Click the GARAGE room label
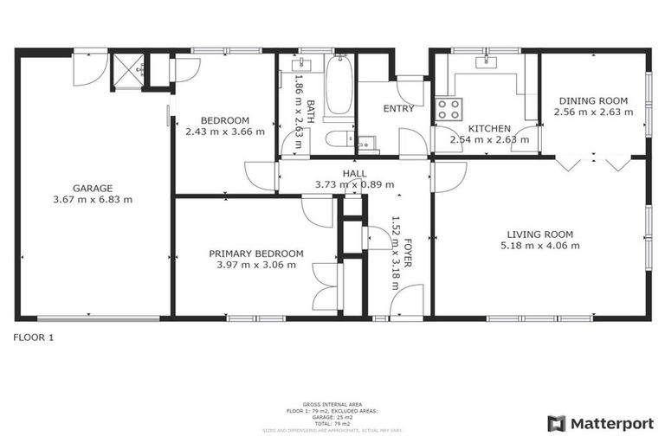click(x=92, y=188)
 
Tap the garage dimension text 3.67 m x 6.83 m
click(x=92, y=200)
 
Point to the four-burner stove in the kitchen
click(x=449, y=109)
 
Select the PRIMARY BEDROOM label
click(x=256, y=254)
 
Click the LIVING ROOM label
click(x=539, y=234)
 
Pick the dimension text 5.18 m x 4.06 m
click(x=539, y=246)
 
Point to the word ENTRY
click(x=397, y=109)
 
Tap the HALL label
click(x=354, y=174)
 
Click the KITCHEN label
click(x=483, y=128)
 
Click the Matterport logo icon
click(x=557, y=423)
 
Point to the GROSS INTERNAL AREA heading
click(x=332, y=404)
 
